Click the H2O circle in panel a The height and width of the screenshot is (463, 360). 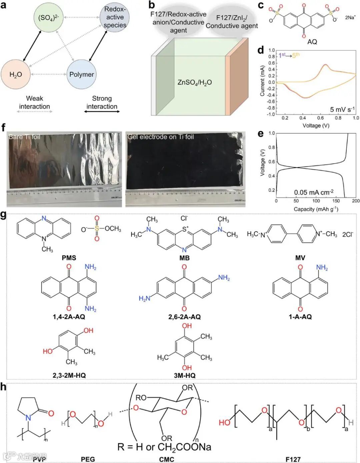point(16,75)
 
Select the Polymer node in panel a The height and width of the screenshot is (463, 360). point(81,74)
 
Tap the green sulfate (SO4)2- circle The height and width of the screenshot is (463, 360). point(48,18)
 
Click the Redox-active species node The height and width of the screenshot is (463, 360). point(115,17)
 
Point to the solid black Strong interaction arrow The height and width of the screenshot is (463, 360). point(102,112)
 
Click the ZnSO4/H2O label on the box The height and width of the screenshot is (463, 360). point(194,82)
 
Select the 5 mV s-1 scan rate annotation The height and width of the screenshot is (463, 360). point(342,109)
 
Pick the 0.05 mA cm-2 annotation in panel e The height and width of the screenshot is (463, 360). point(314,192)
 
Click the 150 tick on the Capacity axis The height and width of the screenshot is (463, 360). point(336,201)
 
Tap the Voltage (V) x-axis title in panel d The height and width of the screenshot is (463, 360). point(316,126)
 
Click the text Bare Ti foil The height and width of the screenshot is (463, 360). point(24,137)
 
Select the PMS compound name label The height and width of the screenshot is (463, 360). point(69,258)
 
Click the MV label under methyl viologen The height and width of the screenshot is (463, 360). point(300,258)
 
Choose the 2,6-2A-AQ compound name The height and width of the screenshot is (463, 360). point(184,317)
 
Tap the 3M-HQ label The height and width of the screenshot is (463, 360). point(184,375)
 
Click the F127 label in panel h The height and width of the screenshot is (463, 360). point(293,459)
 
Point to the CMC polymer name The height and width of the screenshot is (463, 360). point(166,459)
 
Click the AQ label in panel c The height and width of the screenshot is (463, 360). point(312,42)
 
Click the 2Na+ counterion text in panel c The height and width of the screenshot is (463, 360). point(350,18)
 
